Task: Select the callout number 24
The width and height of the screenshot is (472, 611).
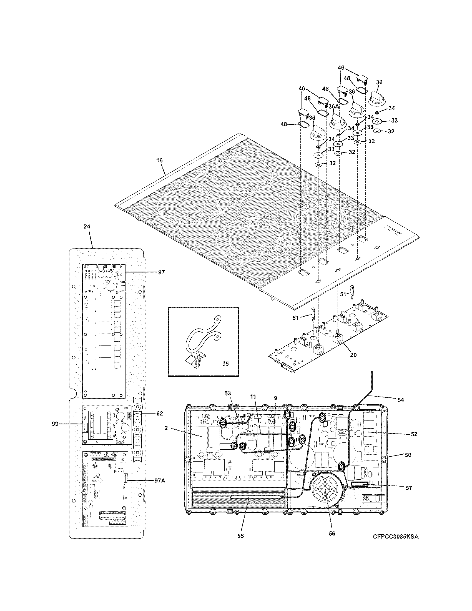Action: [87, 226]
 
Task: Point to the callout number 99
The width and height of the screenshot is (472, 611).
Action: [55, 424]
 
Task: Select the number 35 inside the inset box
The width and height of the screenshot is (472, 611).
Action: [225, 364]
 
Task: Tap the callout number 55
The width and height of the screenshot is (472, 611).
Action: [240, 535]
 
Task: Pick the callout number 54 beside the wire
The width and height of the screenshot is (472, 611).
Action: [401, 400]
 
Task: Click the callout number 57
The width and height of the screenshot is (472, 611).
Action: [409, 488]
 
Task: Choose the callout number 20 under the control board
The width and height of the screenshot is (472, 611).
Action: [353, 355]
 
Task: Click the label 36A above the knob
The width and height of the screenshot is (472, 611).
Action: [333, 107]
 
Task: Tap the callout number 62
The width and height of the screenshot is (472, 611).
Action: [159, 413]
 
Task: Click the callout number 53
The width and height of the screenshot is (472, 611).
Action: [228, 393]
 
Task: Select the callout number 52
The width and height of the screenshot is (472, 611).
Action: [414, 434]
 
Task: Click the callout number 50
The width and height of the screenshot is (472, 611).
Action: [408, 455]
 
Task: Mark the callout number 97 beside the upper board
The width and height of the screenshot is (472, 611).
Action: [161, 272]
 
